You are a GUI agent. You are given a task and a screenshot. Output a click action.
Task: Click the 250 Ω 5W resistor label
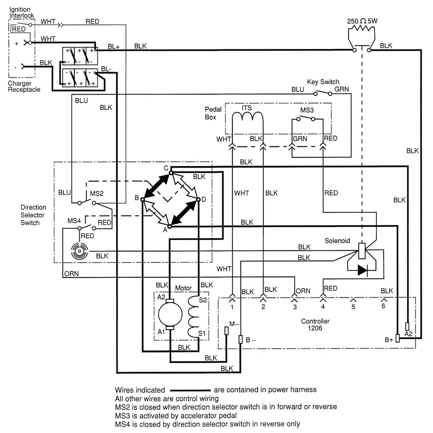pos(362,21)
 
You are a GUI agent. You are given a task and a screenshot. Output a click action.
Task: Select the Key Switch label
pos(323,82)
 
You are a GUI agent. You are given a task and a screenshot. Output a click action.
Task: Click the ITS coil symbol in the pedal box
pos(247,116)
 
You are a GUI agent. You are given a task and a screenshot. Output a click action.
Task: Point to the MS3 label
pos(307,110)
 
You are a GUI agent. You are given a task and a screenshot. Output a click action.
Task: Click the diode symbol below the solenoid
pos(362,270)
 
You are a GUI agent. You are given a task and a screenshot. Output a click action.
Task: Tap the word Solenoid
pos(337,241)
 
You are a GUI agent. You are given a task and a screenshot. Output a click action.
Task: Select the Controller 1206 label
pos(315,324)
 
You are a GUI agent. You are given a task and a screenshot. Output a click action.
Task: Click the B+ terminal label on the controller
pos(389,340)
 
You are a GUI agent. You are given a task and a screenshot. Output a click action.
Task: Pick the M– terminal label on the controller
pos(234,324)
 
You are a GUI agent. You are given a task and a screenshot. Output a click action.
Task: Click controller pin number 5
pos(353,307)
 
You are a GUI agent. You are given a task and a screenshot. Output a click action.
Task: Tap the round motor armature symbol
pos(170,315)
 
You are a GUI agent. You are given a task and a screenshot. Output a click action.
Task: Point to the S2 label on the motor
pos(203,300)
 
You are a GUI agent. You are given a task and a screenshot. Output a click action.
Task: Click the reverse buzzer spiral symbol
pos(79,251)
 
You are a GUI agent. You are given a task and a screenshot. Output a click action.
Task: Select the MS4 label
pos(74,221)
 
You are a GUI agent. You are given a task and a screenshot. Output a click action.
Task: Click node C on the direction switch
pos(171,172)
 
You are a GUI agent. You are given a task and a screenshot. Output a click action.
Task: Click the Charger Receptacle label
pos(24,86)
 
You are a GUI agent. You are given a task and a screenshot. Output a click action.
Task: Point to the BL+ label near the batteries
pos(113,47)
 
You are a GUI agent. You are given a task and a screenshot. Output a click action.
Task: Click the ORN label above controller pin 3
pos(303,291)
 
